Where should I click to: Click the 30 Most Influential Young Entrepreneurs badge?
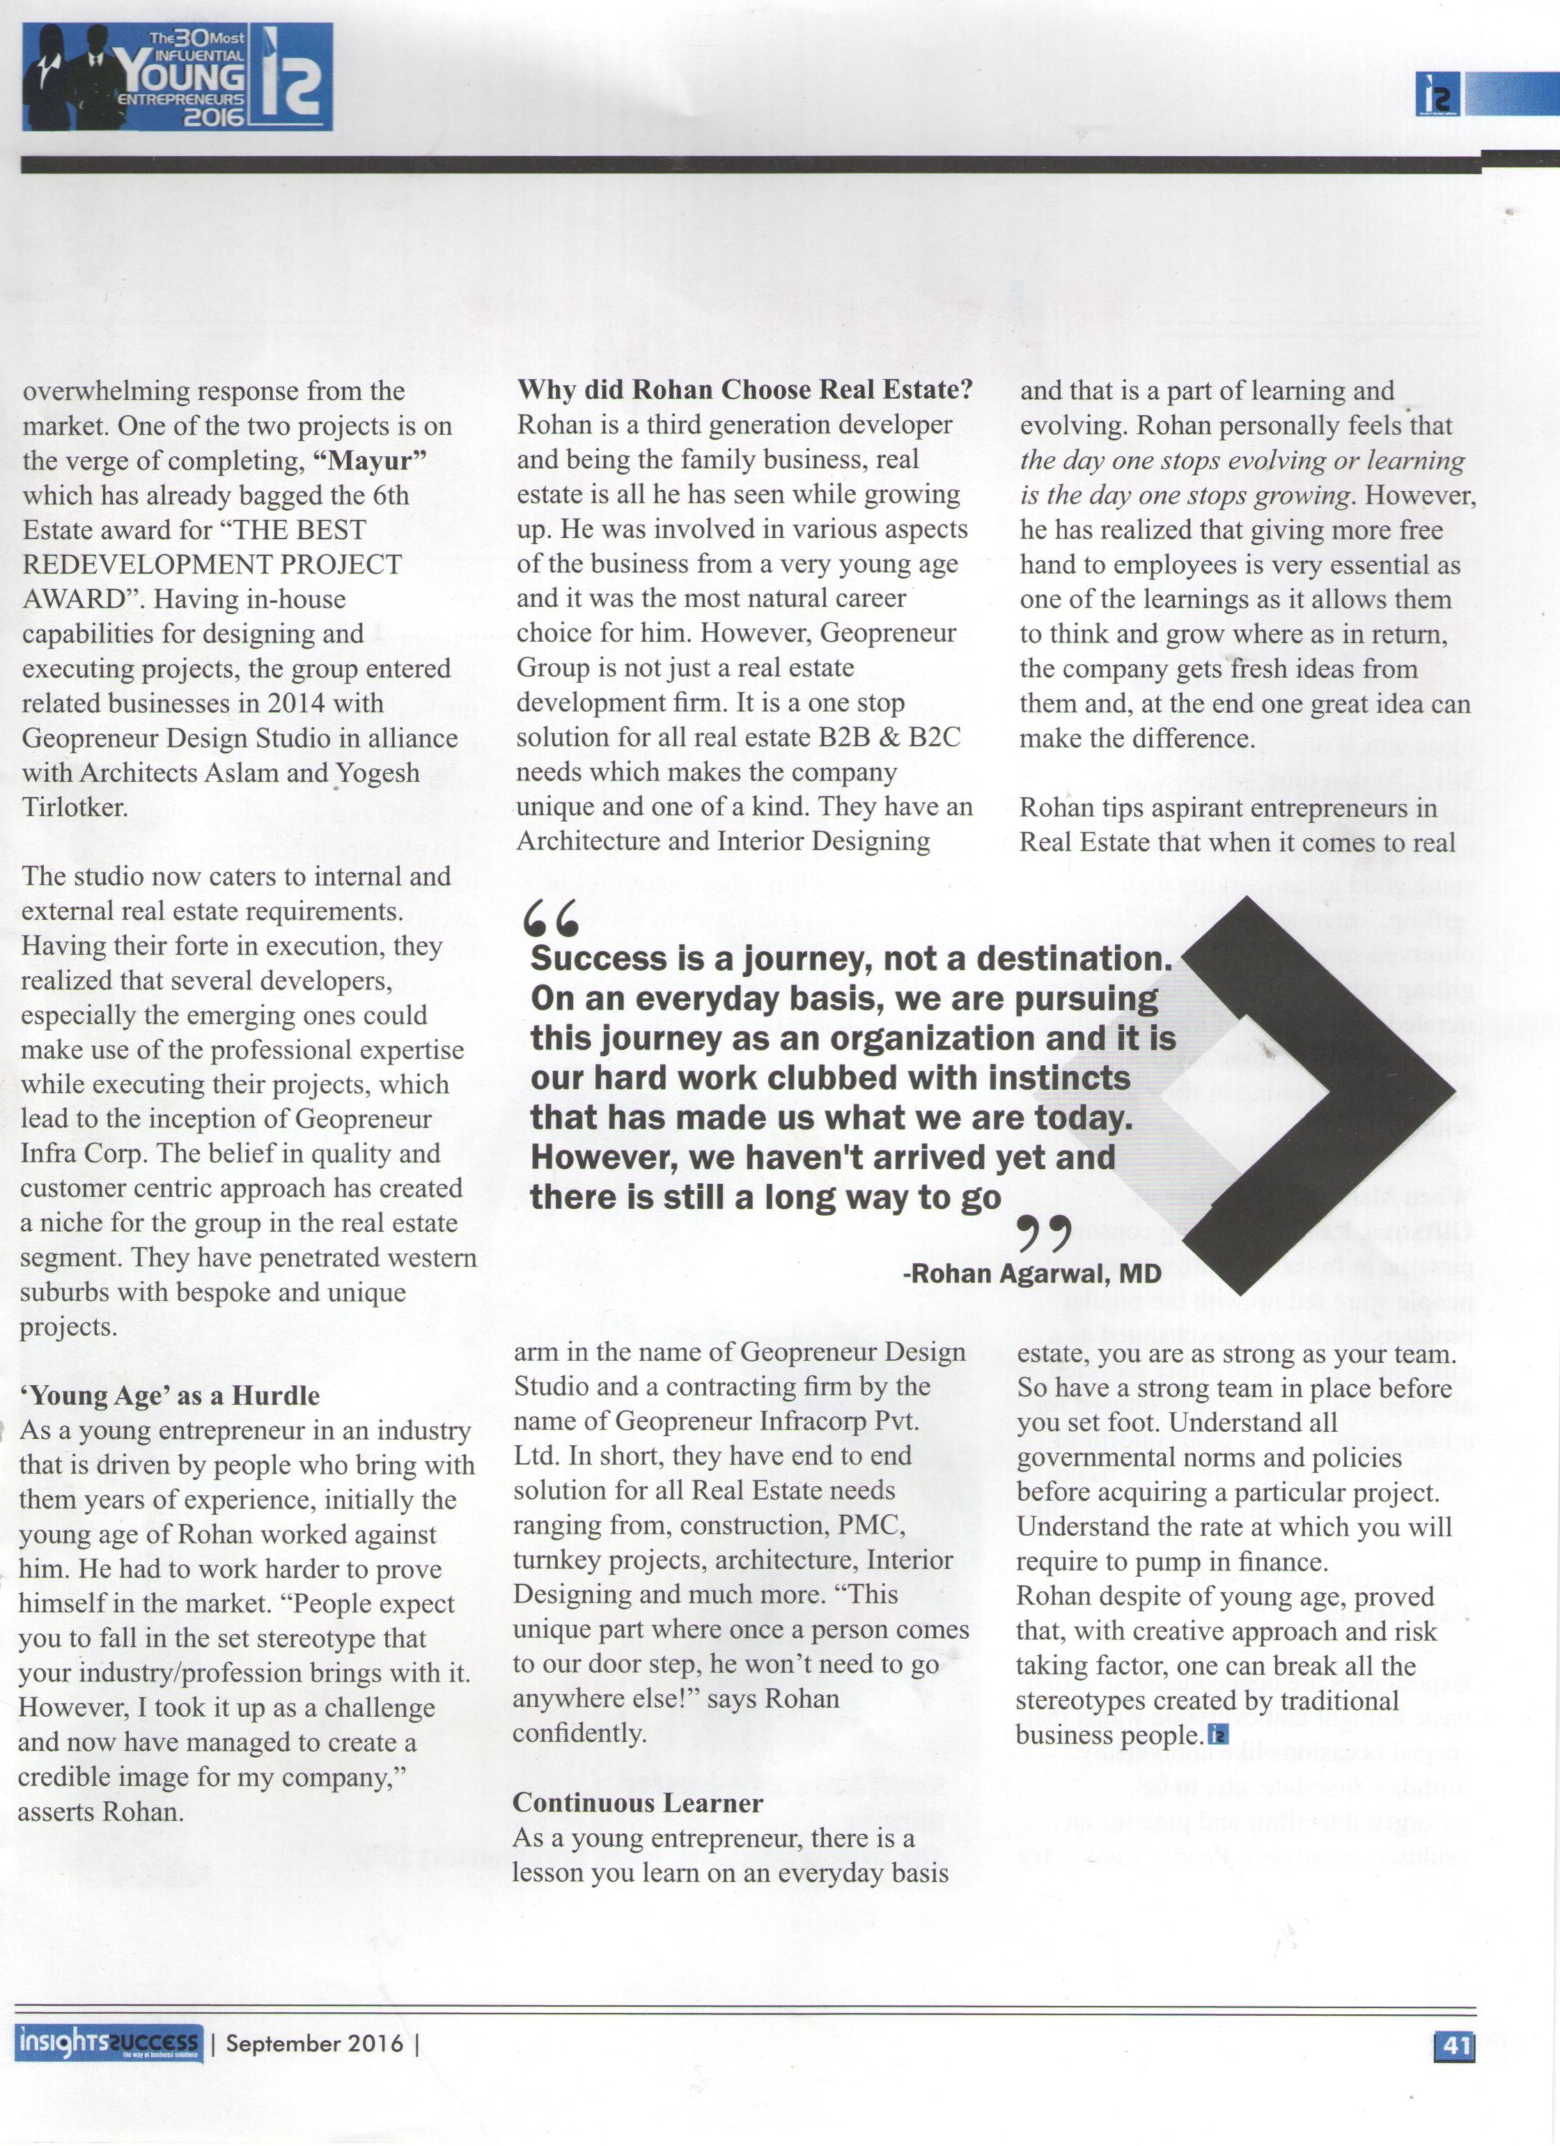coord(177,77)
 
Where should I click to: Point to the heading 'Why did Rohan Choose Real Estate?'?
coord(745,390)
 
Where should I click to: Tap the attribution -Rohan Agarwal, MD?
coord(1032,1273)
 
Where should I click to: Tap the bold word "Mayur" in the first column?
coord(370,461)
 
